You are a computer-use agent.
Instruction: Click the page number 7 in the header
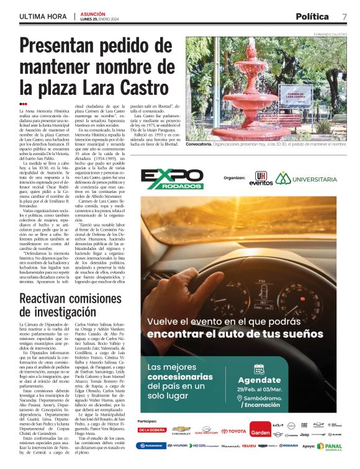point(344,16)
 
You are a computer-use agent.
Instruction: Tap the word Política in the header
point(313,16)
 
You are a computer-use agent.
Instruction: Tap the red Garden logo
point(260,432)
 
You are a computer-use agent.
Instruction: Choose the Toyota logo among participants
point(233,431)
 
